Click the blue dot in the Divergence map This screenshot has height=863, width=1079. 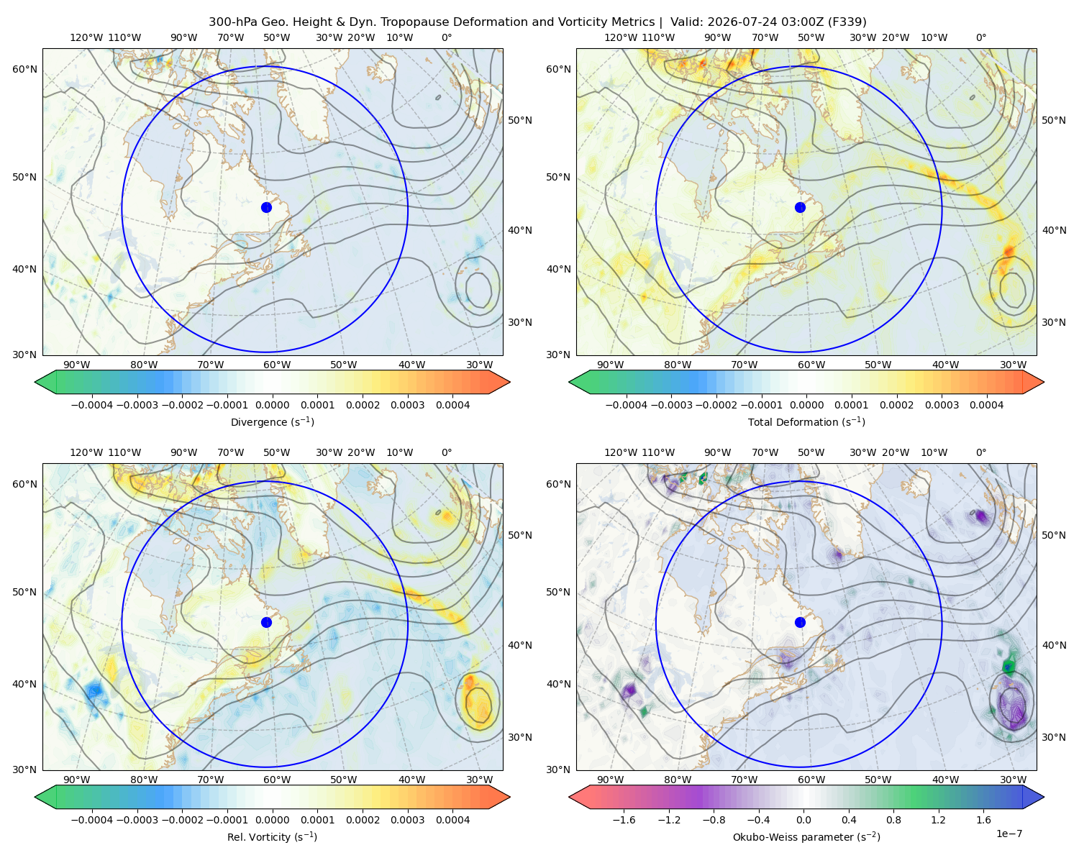(266, 207)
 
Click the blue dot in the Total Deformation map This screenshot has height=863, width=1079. (800, 207)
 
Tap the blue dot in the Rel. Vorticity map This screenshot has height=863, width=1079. (266, 622)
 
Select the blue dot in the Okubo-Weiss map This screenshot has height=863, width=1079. (800, 622)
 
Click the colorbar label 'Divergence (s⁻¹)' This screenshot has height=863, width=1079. (272, 421)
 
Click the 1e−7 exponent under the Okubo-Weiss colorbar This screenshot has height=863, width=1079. (1009, 834)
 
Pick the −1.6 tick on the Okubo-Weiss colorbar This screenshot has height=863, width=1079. (624, 819)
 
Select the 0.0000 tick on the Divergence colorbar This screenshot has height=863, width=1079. (272, 405)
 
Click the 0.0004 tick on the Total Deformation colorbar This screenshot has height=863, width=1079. (986, 405)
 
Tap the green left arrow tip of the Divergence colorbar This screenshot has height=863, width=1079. (36, 382)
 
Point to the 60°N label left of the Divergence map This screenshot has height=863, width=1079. (24, 69)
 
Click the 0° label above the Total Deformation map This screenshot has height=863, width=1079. (980, 37)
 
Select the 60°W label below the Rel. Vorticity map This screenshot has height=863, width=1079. (277, 780)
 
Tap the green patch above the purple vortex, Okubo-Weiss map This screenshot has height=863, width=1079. (1009, 665)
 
